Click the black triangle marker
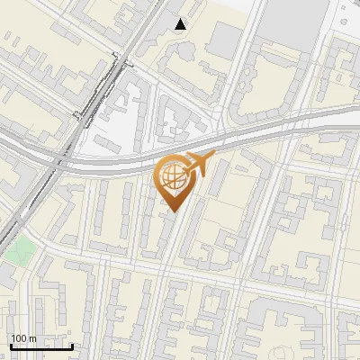[x=181, y=24]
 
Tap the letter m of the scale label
[x=32, y=338]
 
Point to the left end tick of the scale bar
[x=10, y=346]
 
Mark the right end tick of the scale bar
[x=72, y=346]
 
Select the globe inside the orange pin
[x=171, y=177]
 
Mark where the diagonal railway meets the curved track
[x=61, y=162]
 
